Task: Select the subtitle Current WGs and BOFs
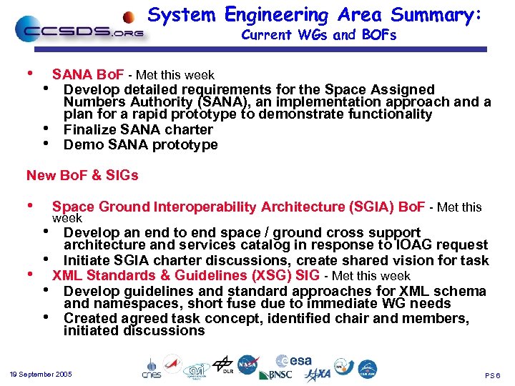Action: (x=318, y=35)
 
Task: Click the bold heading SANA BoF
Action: (x=88, y=75)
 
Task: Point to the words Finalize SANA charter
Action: (x=138, y=129)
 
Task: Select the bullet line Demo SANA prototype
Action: (x=140, y=144)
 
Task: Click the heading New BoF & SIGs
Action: (x=82, y=175)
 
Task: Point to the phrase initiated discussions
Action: (x=134, y=330)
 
